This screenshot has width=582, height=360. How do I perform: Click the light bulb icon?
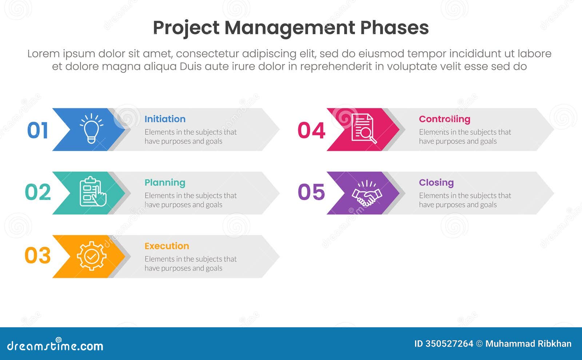91,128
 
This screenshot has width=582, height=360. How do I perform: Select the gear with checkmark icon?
92,256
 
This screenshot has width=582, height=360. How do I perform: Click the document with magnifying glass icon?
363,128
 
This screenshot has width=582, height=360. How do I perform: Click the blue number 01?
37,131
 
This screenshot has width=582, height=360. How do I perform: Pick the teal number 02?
37,192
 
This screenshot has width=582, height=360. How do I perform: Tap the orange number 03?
37,256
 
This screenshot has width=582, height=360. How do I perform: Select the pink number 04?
311,131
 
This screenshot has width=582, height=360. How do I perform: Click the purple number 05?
311,192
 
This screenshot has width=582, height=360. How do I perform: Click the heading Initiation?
165,119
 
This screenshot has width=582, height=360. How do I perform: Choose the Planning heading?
165,183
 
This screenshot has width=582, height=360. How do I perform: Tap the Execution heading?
167,246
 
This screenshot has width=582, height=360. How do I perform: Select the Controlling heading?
445,119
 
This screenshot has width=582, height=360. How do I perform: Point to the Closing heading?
436,183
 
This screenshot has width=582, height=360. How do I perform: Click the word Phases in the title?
394,28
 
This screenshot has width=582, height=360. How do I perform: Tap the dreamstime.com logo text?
55,345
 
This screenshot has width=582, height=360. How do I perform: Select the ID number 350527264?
449,344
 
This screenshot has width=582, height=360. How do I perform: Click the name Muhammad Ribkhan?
528,344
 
